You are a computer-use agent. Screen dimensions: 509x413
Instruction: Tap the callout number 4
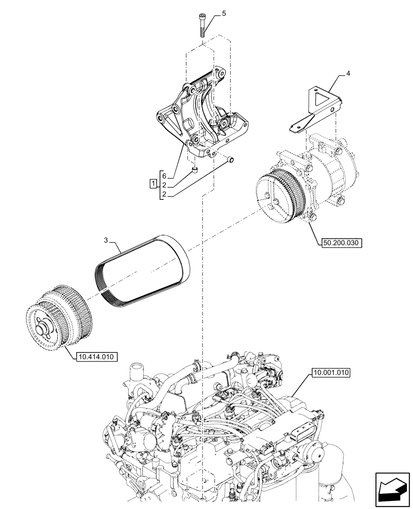click(348, 74)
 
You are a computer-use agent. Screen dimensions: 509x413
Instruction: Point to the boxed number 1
click(153, 183)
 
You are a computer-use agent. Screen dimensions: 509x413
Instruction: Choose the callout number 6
click(164, 175)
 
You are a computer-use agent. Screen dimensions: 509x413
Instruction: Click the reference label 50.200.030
click(341, 243)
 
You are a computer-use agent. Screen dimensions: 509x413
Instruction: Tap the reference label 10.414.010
click(96, 357)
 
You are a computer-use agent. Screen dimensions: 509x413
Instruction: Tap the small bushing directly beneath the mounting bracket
click(194, 171)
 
